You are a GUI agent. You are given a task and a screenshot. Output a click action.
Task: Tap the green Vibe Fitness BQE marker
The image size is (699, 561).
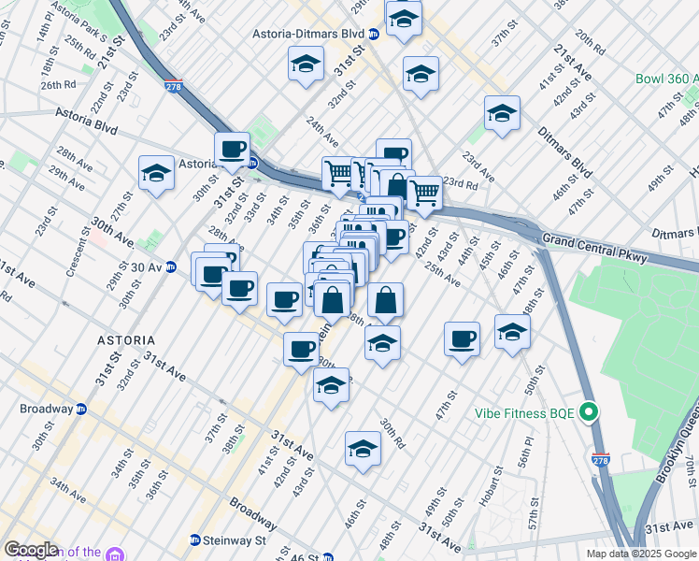point(589,411)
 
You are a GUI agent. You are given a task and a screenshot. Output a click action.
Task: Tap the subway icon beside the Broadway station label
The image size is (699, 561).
point(81,409)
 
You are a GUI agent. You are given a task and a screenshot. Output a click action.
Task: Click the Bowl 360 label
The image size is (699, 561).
point(666,80)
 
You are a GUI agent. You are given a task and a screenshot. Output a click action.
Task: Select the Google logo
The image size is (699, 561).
point(31,550)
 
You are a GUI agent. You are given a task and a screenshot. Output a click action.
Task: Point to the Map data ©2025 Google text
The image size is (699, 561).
point(640,554)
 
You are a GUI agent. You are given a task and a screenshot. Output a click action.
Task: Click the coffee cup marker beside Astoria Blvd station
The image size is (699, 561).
point(232,148)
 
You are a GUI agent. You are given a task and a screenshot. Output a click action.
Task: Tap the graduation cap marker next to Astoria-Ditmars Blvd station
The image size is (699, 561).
point(404,18)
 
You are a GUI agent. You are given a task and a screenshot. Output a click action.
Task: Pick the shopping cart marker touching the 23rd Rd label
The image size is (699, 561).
point(424,193)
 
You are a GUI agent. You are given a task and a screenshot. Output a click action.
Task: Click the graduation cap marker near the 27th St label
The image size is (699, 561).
point(156,172)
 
